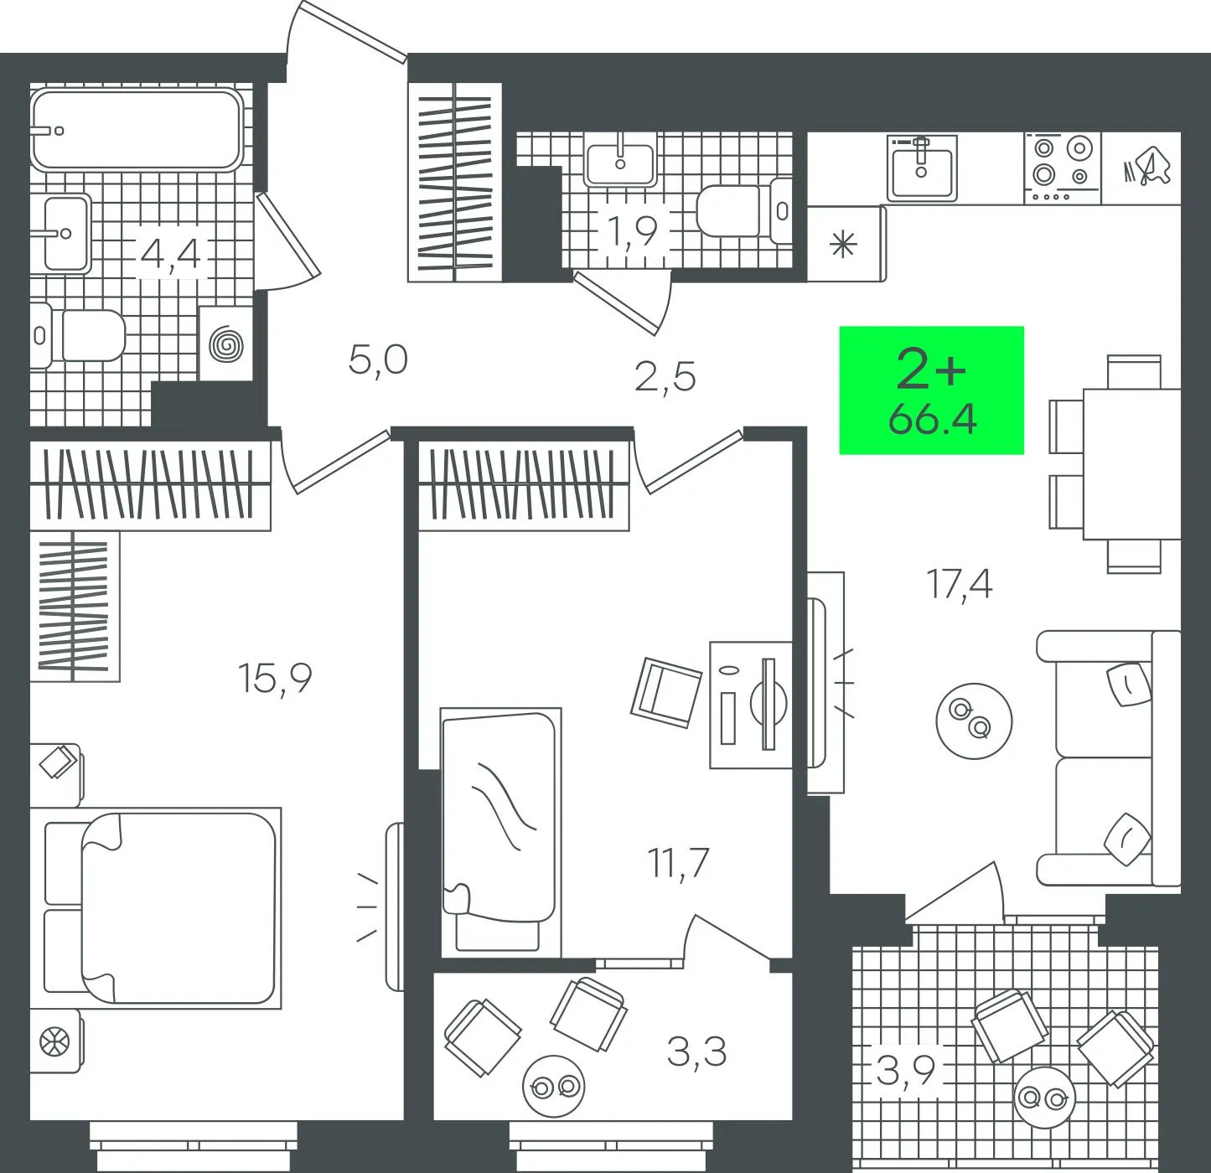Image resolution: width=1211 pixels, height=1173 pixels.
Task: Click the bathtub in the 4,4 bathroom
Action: (137, 129)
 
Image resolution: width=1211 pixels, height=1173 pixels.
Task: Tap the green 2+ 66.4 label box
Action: (931, 390)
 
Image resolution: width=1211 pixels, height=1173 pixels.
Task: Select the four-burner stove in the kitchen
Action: (1063, 168)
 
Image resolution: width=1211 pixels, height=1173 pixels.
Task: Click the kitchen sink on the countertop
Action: (922, 168)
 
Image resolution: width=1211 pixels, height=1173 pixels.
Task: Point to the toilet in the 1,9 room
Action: (744, 212)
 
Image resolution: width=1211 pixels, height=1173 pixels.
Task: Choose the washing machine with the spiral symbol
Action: (226, 344)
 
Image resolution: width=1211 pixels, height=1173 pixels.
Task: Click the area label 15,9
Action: (274, 679)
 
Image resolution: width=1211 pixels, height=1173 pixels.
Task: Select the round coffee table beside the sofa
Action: (974, 721)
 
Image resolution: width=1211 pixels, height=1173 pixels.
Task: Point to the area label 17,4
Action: (959, 585)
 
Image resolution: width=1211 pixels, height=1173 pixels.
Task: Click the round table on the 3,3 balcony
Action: (553, 1087)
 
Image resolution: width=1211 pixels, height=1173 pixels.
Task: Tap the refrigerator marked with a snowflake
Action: (846, 244)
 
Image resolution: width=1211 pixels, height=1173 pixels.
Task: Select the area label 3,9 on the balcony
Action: (905, 1070)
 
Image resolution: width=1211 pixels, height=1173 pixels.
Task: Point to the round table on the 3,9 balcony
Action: (1044, 1098)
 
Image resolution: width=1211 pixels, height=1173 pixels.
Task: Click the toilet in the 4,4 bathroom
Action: (77, 335)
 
